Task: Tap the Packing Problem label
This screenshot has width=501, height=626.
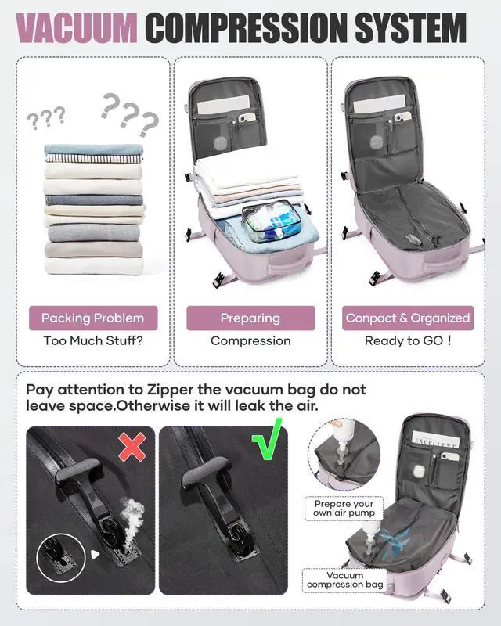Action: [x=92, y=318]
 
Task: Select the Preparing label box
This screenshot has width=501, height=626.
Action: [x=250, y=318]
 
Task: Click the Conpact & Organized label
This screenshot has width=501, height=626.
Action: [x=408, y=318]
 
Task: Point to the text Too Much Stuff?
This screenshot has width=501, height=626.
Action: [x=92, y=341]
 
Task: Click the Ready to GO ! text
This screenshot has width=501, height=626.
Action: [x=408, y=341]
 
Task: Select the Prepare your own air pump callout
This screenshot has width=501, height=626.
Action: [x=344, y=509]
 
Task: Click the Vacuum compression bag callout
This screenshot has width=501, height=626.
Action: [x=345, y=580]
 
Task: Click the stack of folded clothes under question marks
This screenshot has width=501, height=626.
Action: [x=94, y=207]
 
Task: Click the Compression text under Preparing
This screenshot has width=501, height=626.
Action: [x=250, y=341]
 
